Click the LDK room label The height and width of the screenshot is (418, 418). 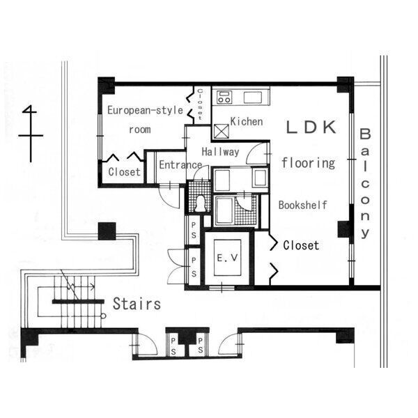pos(311,127)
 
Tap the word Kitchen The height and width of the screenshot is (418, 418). pos(247,121)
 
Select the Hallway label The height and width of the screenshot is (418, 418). pos(220,152)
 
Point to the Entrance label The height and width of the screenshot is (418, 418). pos(180,164)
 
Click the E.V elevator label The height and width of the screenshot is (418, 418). pos(227,258)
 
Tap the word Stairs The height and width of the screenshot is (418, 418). pos(137,304)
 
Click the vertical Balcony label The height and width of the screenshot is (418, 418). pos(365,183)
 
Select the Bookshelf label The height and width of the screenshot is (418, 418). pos(303,205)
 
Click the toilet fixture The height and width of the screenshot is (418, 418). pos(200,204)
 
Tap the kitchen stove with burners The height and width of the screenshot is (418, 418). pos(224,98)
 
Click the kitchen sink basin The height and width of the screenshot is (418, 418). pos(253,98)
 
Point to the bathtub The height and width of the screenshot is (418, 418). pos(224,210)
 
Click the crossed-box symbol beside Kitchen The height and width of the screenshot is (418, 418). pos(222,132)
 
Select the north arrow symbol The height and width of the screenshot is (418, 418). pos(31,134)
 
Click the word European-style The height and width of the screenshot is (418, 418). pos(146,110)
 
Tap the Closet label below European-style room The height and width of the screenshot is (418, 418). pos(124,172)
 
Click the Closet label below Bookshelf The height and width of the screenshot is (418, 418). pos(301,245)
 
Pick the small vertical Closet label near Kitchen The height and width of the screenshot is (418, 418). pos(200,104)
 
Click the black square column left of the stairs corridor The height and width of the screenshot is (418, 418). pos(107,231)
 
